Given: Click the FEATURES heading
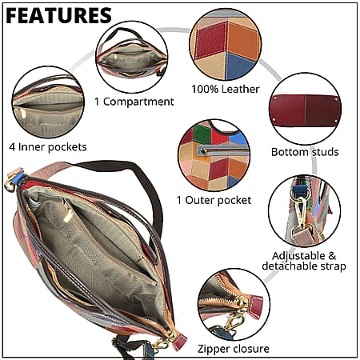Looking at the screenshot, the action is (58, 15).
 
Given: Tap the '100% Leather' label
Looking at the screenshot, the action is (226, 89).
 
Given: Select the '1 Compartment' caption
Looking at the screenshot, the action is (134, 102).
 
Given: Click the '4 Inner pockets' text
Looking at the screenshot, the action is (48, 147).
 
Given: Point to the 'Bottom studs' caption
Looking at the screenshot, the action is (305, 152).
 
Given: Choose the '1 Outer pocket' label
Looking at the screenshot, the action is (214, 200).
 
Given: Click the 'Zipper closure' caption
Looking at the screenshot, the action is (234, 349).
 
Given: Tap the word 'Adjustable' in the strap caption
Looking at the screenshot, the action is (298, 256).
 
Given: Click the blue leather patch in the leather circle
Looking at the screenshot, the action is (238, 66).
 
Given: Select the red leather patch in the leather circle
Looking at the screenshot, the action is (211, 40).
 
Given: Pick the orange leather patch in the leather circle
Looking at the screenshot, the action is (242, 40).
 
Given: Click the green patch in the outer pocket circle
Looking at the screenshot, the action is (202, 134).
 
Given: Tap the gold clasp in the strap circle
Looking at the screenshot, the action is (301, 210).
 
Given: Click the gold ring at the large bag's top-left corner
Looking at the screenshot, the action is (10, 185).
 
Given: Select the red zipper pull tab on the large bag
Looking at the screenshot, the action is (179, 342).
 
